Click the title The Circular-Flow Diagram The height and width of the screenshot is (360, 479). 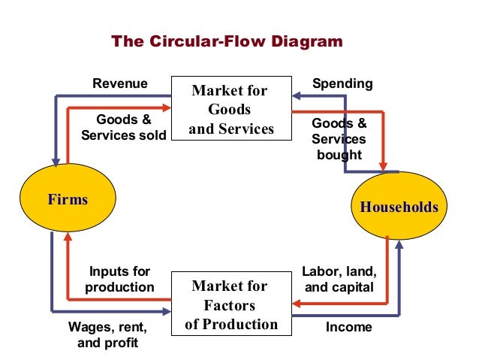pos(227,41)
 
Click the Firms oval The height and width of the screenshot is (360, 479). pos(68,200)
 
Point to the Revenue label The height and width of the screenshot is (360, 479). pos(120,83)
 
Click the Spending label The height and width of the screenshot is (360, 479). pos(342,83)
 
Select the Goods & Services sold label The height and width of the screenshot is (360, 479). pos(123,128)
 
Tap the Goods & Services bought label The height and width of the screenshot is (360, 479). pos(339,139)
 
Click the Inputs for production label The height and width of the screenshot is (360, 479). pos(120,279)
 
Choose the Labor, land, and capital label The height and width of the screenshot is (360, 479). pos(339,279)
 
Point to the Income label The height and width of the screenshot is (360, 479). pos(348,328)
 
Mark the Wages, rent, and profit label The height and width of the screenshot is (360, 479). pos(108,335)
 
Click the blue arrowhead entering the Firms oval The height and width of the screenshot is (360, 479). pos(55,162)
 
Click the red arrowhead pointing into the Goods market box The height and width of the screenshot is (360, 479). pos(167,107)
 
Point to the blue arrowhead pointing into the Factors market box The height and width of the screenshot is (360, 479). pos(167,311)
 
